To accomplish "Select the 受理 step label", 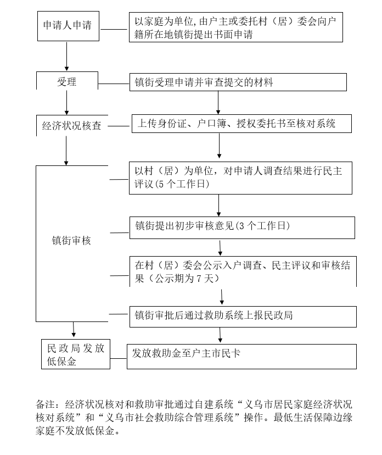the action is pyautogui.click(x=66, y=82).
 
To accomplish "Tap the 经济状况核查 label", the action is pyautogui.click(x=71, y=126).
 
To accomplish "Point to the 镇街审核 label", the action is pyautogui.click(x=71, y=241).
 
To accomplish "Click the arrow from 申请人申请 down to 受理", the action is pyautogui.click(x=66, y=56).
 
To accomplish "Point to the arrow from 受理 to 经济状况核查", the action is pyautogui.click(x=66, y=103).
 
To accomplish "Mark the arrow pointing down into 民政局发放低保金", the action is pyautogui.click(x=74, y=329).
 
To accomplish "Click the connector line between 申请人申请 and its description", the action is pyautogui.click(x=114, y=29).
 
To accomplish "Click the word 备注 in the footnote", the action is pyautogui.click(x=45, y=404).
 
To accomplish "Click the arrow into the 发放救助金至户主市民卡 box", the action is pyautogui.click(x=220, y=335).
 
